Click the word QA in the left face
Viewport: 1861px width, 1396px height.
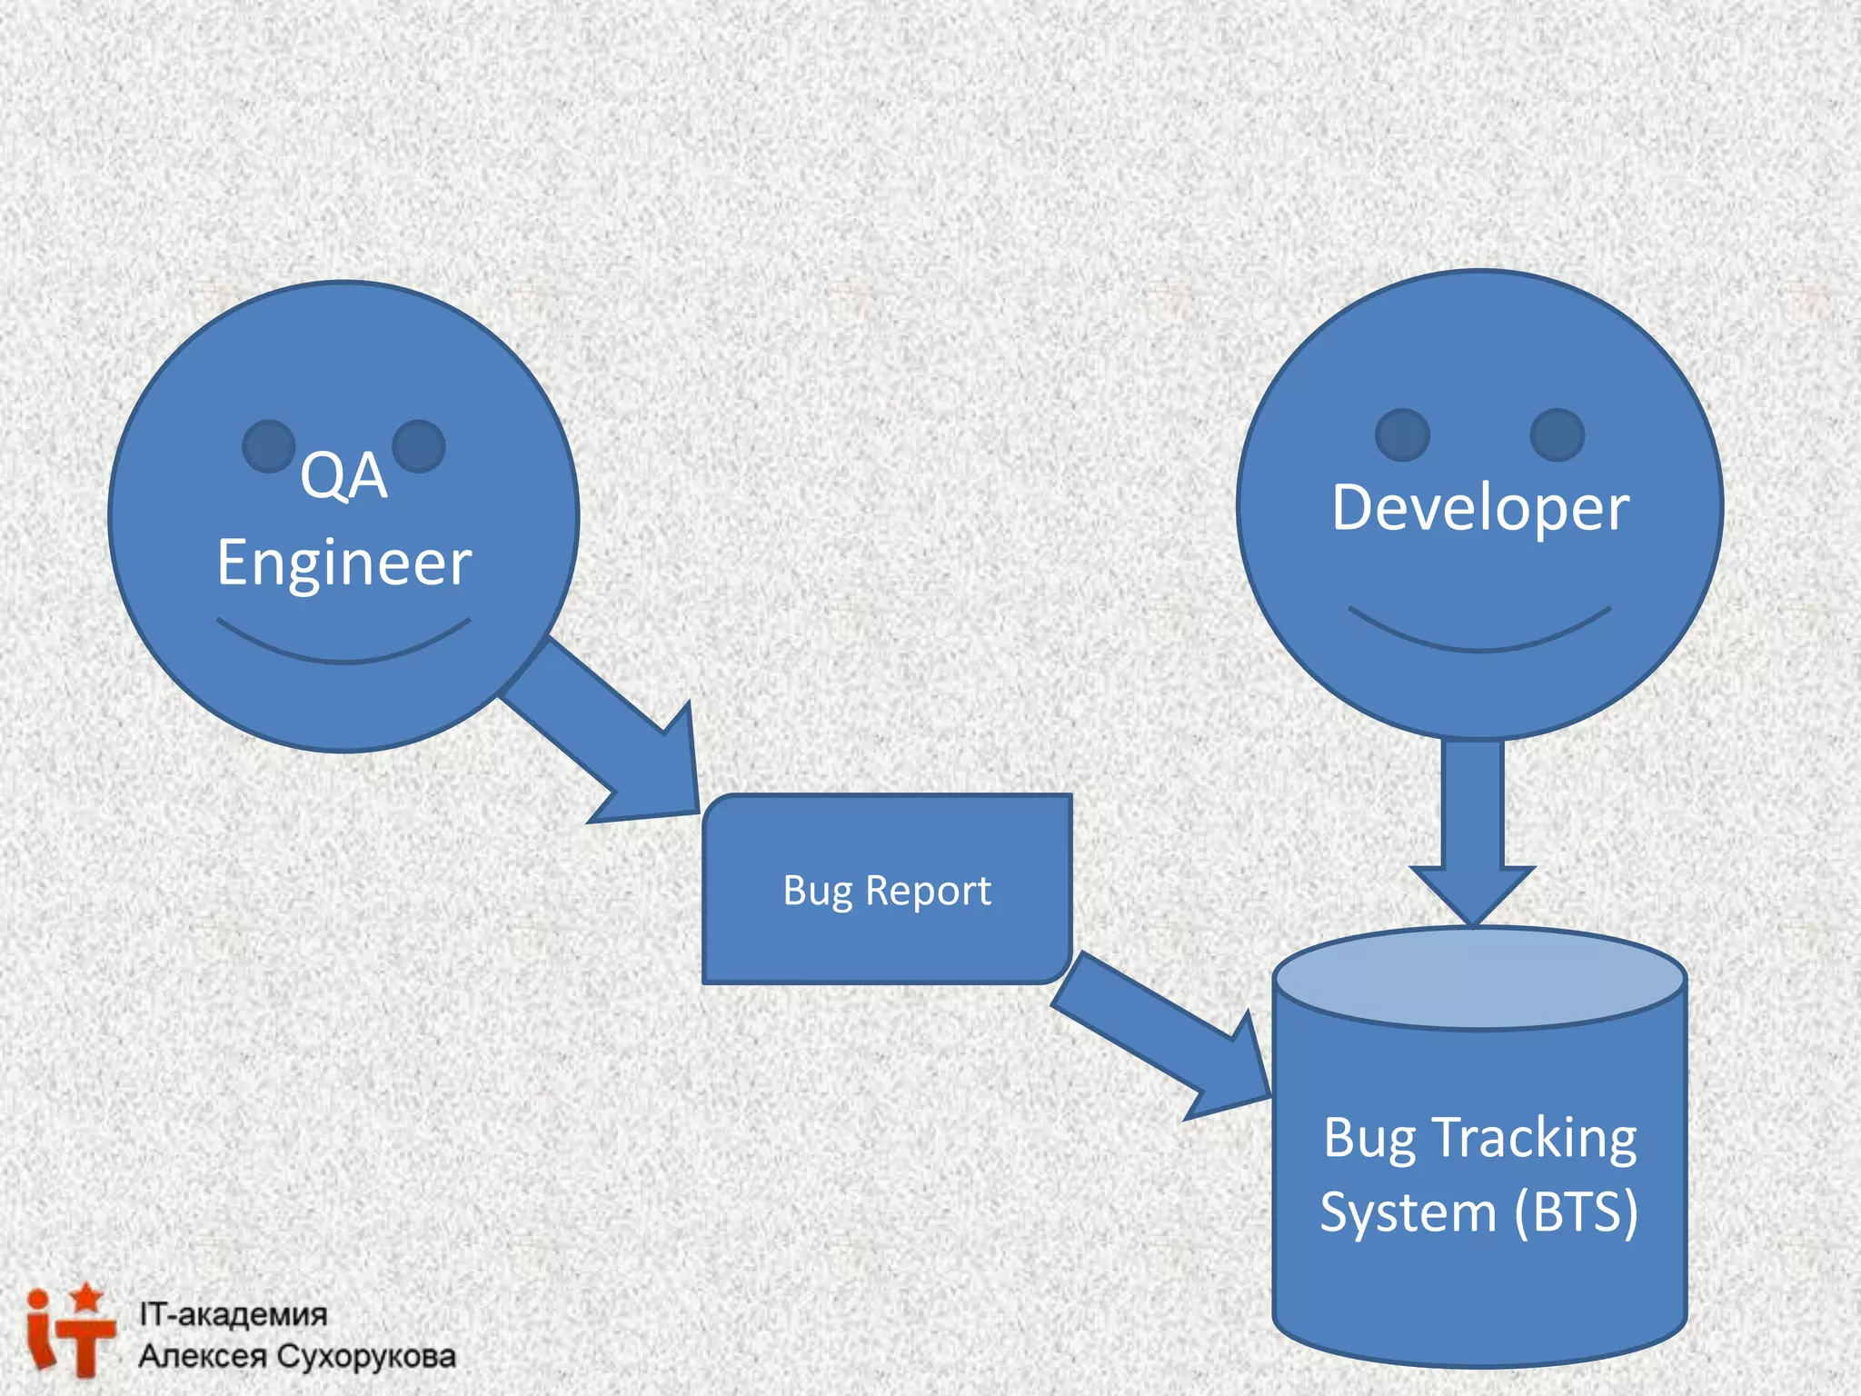coord(343,476)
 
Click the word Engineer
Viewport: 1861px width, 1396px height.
coord(343,563)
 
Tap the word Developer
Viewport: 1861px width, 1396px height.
coord(1479,508)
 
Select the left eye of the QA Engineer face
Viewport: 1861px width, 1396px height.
coord(268,446)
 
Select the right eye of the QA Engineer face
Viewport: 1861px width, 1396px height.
coord(419,446)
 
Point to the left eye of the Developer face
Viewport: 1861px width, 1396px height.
coord(1402,434)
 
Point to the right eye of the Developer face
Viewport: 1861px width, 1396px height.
coord(1557,434)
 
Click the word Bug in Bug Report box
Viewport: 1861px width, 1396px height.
coord(817,892)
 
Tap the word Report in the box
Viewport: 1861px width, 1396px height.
coord(928,892)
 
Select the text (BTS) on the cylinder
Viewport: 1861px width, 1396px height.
coord(1576,1212)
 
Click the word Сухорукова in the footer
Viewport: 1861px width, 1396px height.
coord(365,1356)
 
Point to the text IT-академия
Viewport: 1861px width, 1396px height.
coord(233,1314)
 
